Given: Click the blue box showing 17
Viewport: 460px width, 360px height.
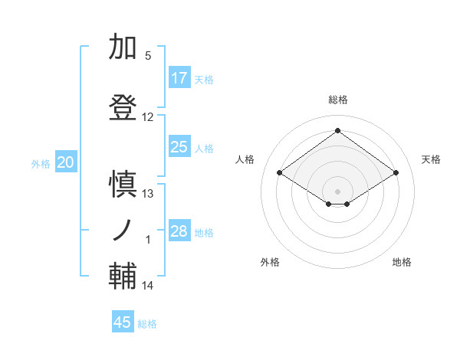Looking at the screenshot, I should (179, 78).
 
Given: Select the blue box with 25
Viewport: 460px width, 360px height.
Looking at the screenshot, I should (179, 147).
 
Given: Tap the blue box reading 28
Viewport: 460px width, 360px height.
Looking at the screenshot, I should (179, 231).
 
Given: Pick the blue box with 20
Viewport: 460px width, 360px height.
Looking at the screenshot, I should (66, 162).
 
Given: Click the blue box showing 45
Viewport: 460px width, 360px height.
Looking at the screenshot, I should (123, 322).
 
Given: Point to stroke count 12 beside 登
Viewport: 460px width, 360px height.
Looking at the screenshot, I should (148, 117).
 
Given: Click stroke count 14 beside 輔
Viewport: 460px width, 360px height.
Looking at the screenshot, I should (148, 286).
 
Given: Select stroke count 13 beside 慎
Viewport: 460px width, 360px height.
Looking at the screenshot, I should (148, 194).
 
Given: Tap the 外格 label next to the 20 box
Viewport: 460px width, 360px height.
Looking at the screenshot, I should (41, 163).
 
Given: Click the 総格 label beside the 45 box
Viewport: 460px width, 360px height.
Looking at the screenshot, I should (148, 324).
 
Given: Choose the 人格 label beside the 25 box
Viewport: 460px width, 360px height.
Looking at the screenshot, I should (204, 148).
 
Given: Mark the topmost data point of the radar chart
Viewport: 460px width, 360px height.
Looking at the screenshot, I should (337, 130).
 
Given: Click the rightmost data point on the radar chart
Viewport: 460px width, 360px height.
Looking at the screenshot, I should (396, 173).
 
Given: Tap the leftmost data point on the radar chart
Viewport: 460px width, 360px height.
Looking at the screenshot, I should (280, 173).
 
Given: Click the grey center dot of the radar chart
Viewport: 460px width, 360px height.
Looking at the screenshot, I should (337, 190).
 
